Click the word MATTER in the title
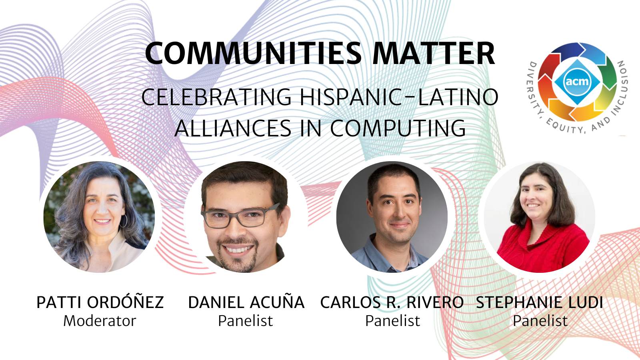coord(434,54)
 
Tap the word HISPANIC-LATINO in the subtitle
coord(399,97)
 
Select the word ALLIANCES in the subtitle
coord(233,128)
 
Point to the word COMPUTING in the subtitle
coord(398,128)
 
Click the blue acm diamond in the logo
coord(577,82)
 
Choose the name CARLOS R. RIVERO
coord(392,302)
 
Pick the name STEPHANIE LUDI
coord(540,302)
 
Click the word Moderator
coord(100,320)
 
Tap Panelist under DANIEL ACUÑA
coord(246,320)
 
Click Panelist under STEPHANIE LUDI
coord(540,320)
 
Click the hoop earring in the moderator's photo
coord(123,220)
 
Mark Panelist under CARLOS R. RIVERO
coord(393,320)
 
